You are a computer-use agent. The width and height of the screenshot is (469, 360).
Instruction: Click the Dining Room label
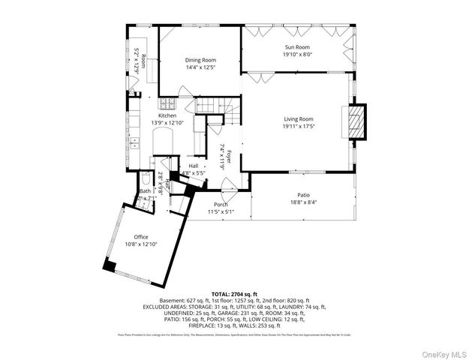(x=200, y=60)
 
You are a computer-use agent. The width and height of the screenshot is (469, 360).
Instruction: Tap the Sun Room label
(x=297, y=46)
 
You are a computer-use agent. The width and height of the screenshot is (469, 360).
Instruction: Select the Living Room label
(x=298, y=118)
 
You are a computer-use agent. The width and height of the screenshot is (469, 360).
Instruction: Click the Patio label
(x=302, y=195)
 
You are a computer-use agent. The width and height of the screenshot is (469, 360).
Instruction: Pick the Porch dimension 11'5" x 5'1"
(x=221, y=211)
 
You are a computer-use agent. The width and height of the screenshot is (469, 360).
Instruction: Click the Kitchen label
(x=167, y=115)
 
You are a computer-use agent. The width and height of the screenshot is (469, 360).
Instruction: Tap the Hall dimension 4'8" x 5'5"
(x=194, y=173)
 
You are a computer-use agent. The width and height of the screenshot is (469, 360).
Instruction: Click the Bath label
(x=145, y=191)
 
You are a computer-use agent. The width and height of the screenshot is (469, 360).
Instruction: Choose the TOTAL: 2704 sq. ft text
(x=234, y=294)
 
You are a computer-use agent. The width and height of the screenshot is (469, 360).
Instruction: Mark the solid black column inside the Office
(x=110, y=265)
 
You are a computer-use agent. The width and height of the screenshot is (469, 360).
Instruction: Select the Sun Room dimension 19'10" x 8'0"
(x=297, y=54)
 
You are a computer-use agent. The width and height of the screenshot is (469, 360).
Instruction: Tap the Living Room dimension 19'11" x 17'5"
(x=298, y=126)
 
